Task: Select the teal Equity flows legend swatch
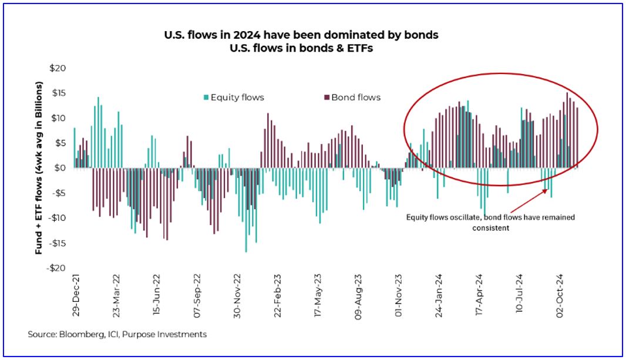click(x=206, y=97)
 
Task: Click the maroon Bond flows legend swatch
click(x=327, y=97)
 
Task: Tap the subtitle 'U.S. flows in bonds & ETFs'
click(x=301, y=48)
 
